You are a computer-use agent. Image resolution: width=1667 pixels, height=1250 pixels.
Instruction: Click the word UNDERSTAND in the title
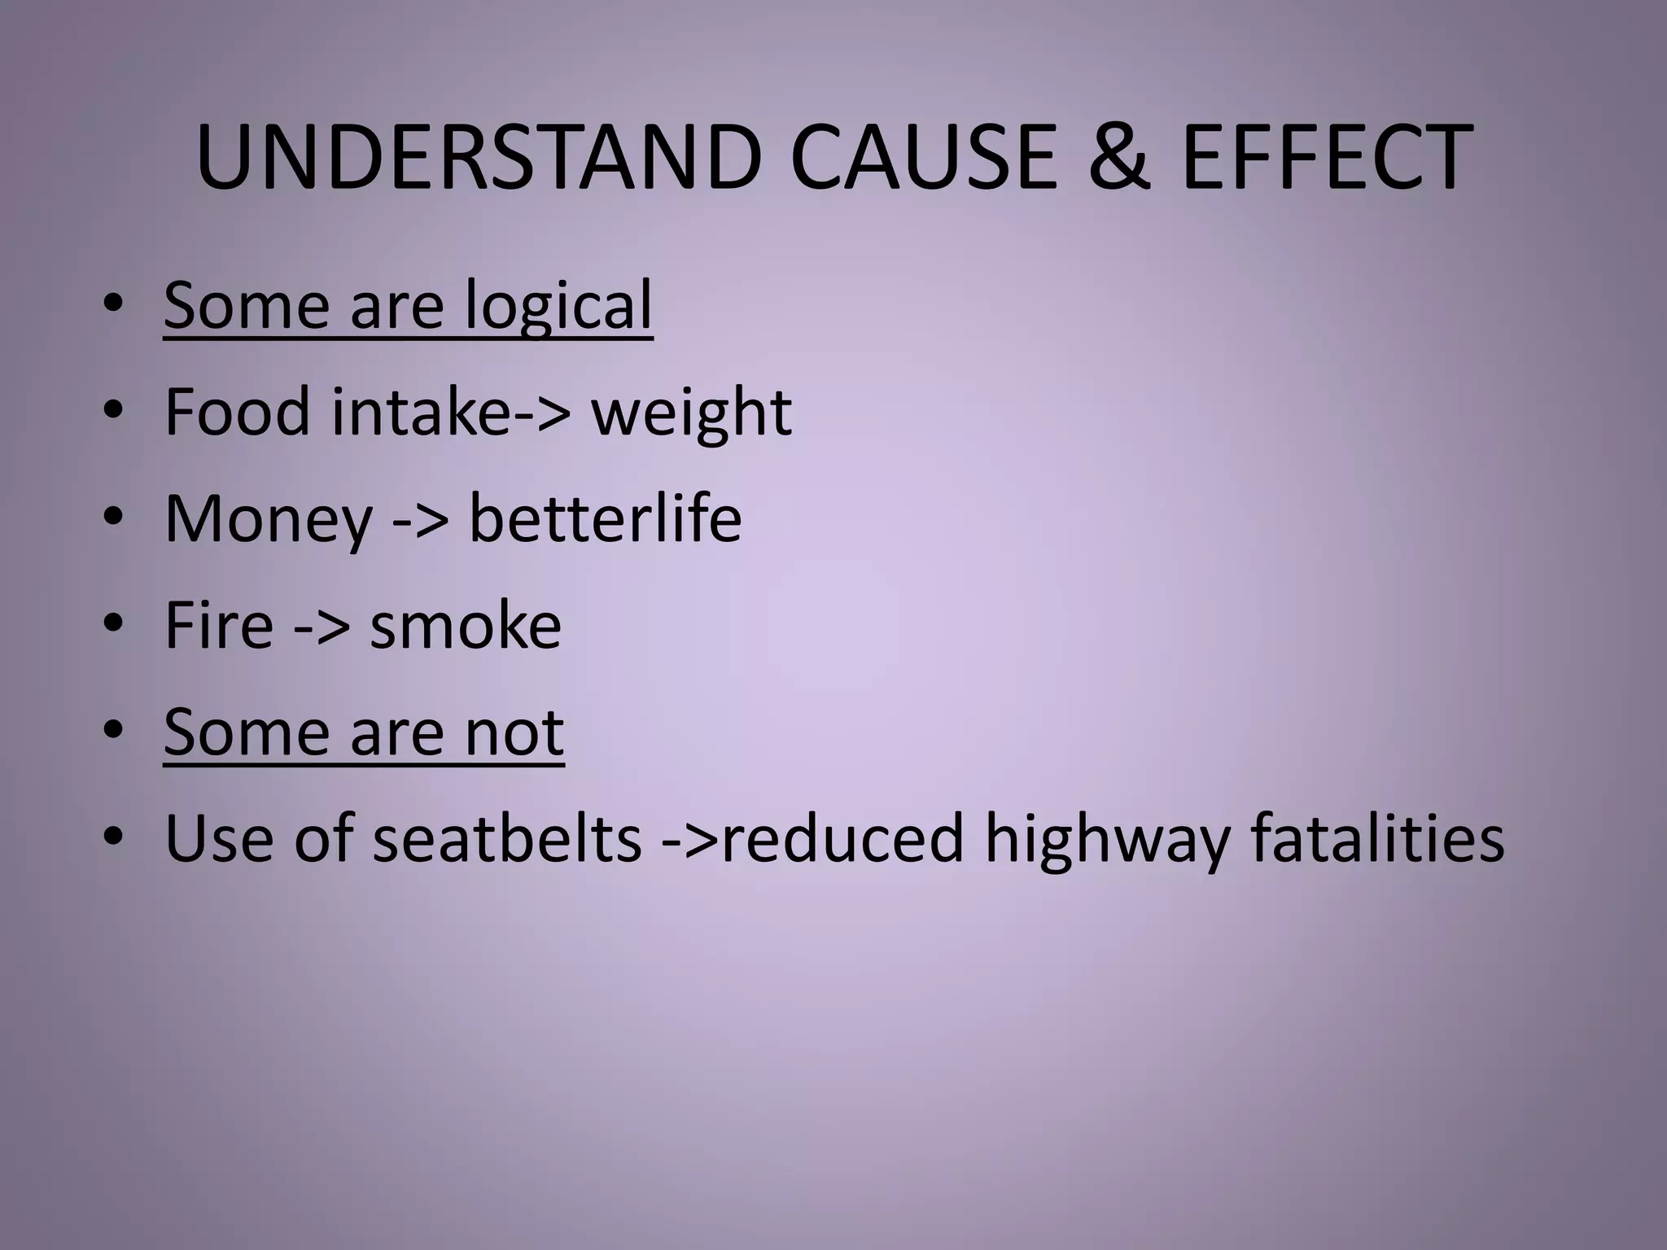478,159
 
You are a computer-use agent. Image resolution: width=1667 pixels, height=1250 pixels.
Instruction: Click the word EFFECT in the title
1327,159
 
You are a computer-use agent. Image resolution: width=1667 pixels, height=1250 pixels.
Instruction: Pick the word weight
691,413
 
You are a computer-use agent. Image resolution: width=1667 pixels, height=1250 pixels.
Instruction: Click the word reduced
842,838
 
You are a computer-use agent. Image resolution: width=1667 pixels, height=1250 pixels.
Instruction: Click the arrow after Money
420,521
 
